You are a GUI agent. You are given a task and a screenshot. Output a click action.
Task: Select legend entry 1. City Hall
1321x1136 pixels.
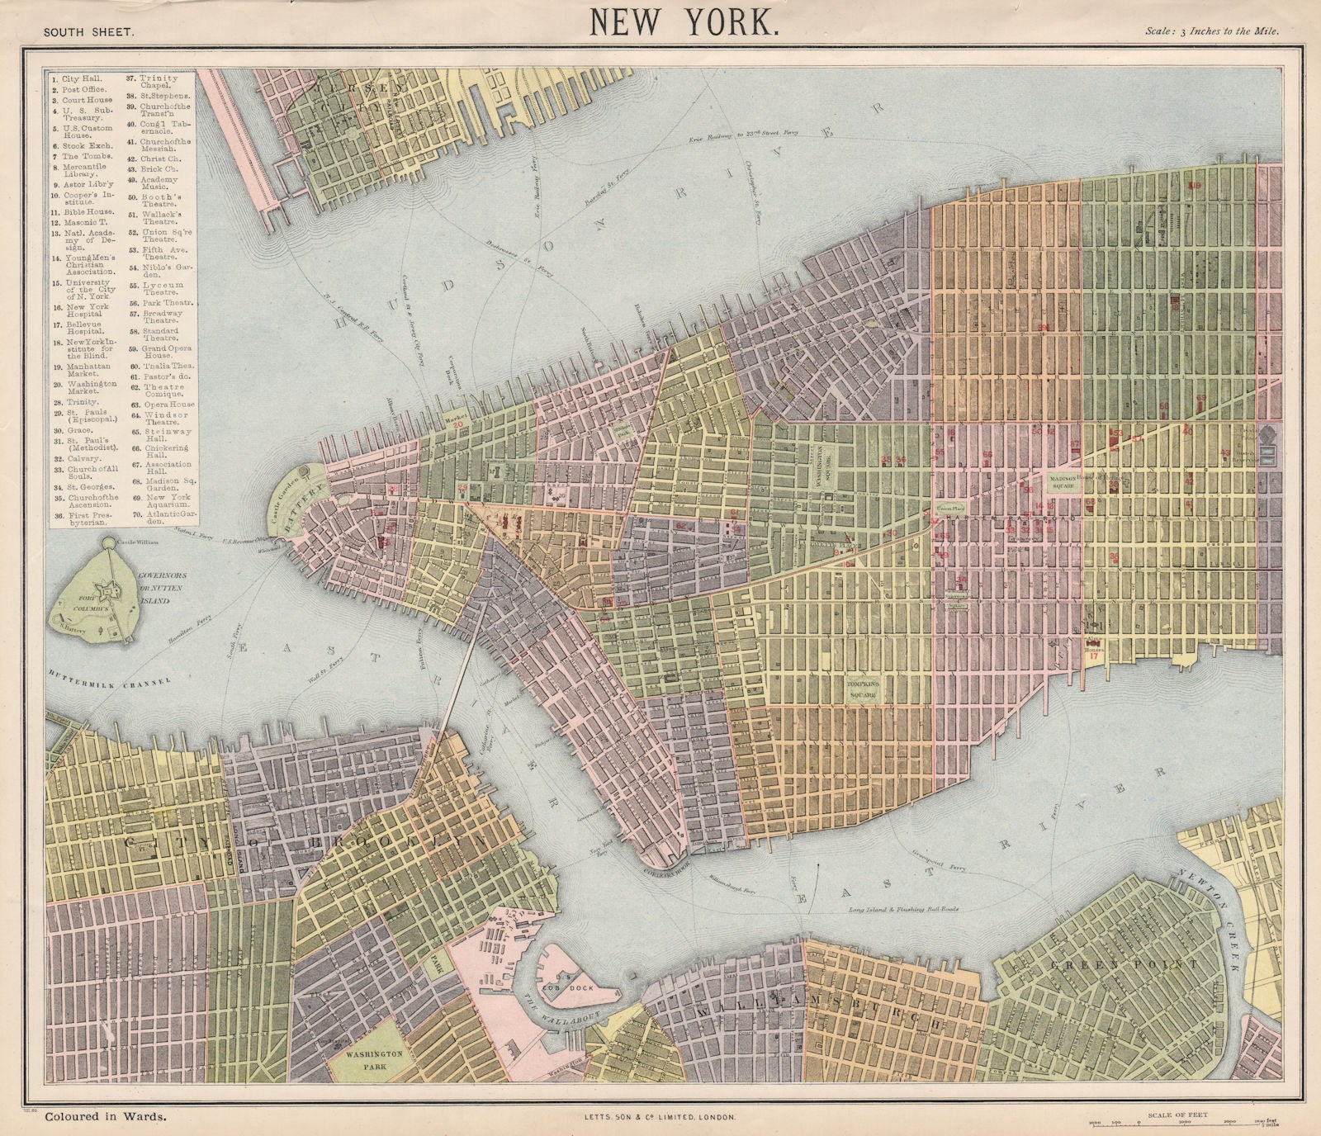pos(75,78)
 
